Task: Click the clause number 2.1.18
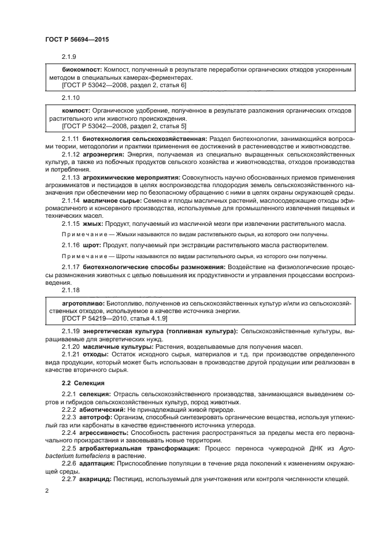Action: tap(71, 290)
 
